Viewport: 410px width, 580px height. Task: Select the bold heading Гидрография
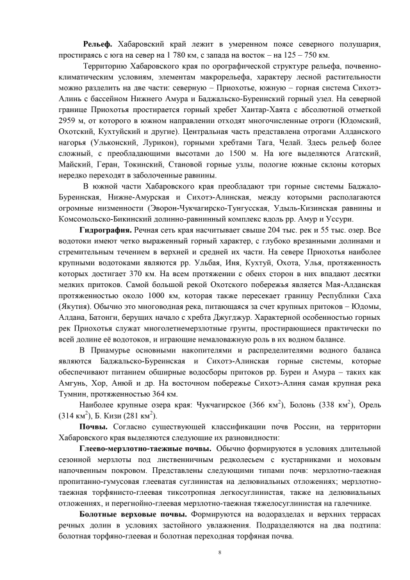point(106,229)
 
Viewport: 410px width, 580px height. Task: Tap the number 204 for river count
point(274,229)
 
